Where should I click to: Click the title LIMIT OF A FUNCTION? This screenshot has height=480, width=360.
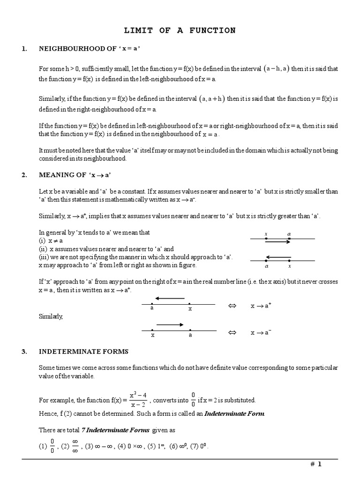[180, 30]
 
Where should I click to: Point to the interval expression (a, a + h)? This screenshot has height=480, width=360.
[212, 98]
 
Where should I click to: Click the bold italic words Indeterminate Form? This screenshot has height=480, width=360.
[234, 413]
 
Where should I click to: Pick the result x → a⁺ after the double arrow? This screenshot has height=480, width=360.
[261, 306]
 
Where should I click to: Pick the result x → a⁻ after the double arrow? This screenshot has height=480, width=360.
[261, 333]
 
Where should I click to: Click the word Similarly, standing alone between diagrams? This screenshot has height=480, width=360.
[51, 316]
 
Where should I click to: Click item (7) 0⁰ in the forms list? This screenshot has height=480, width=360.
[199, 446]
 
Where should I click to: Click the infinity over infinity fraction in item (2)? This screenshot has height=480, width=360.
[74, 446]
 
